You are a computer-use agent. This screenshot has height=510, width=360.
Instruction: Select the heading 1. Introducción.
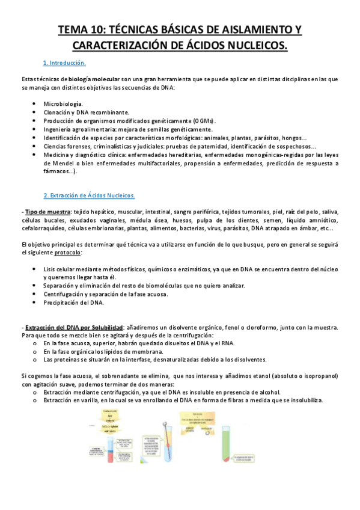click(64, 63)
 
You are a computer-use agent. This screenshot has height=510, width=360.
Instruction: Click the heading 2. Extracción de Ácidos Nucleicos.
click(90, 195)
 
